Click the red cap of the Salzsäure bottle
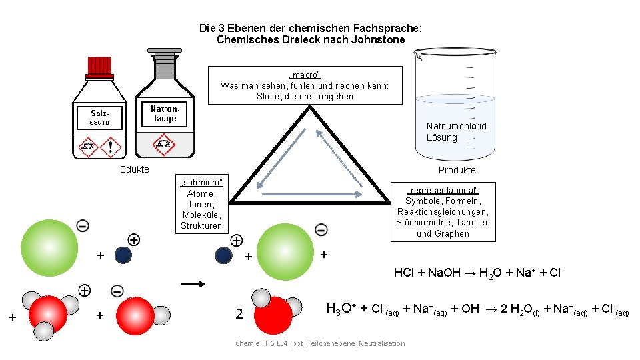[x=100, y=65]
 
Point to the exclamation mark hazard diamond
[x=110, y=146]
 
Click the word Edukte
[x=134, y=169]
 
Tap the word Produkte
[x=457, y=170]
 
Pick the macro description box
[x=305, y=85]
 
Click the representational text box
[x=443, y=211]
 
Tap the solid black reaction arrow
[x=193, y=284]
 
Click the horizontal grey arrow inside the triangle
[x=313, y=195]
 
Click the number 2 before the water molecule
[x=239, y=314]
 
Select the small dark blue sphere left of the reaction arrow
[x=123, y=255]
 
